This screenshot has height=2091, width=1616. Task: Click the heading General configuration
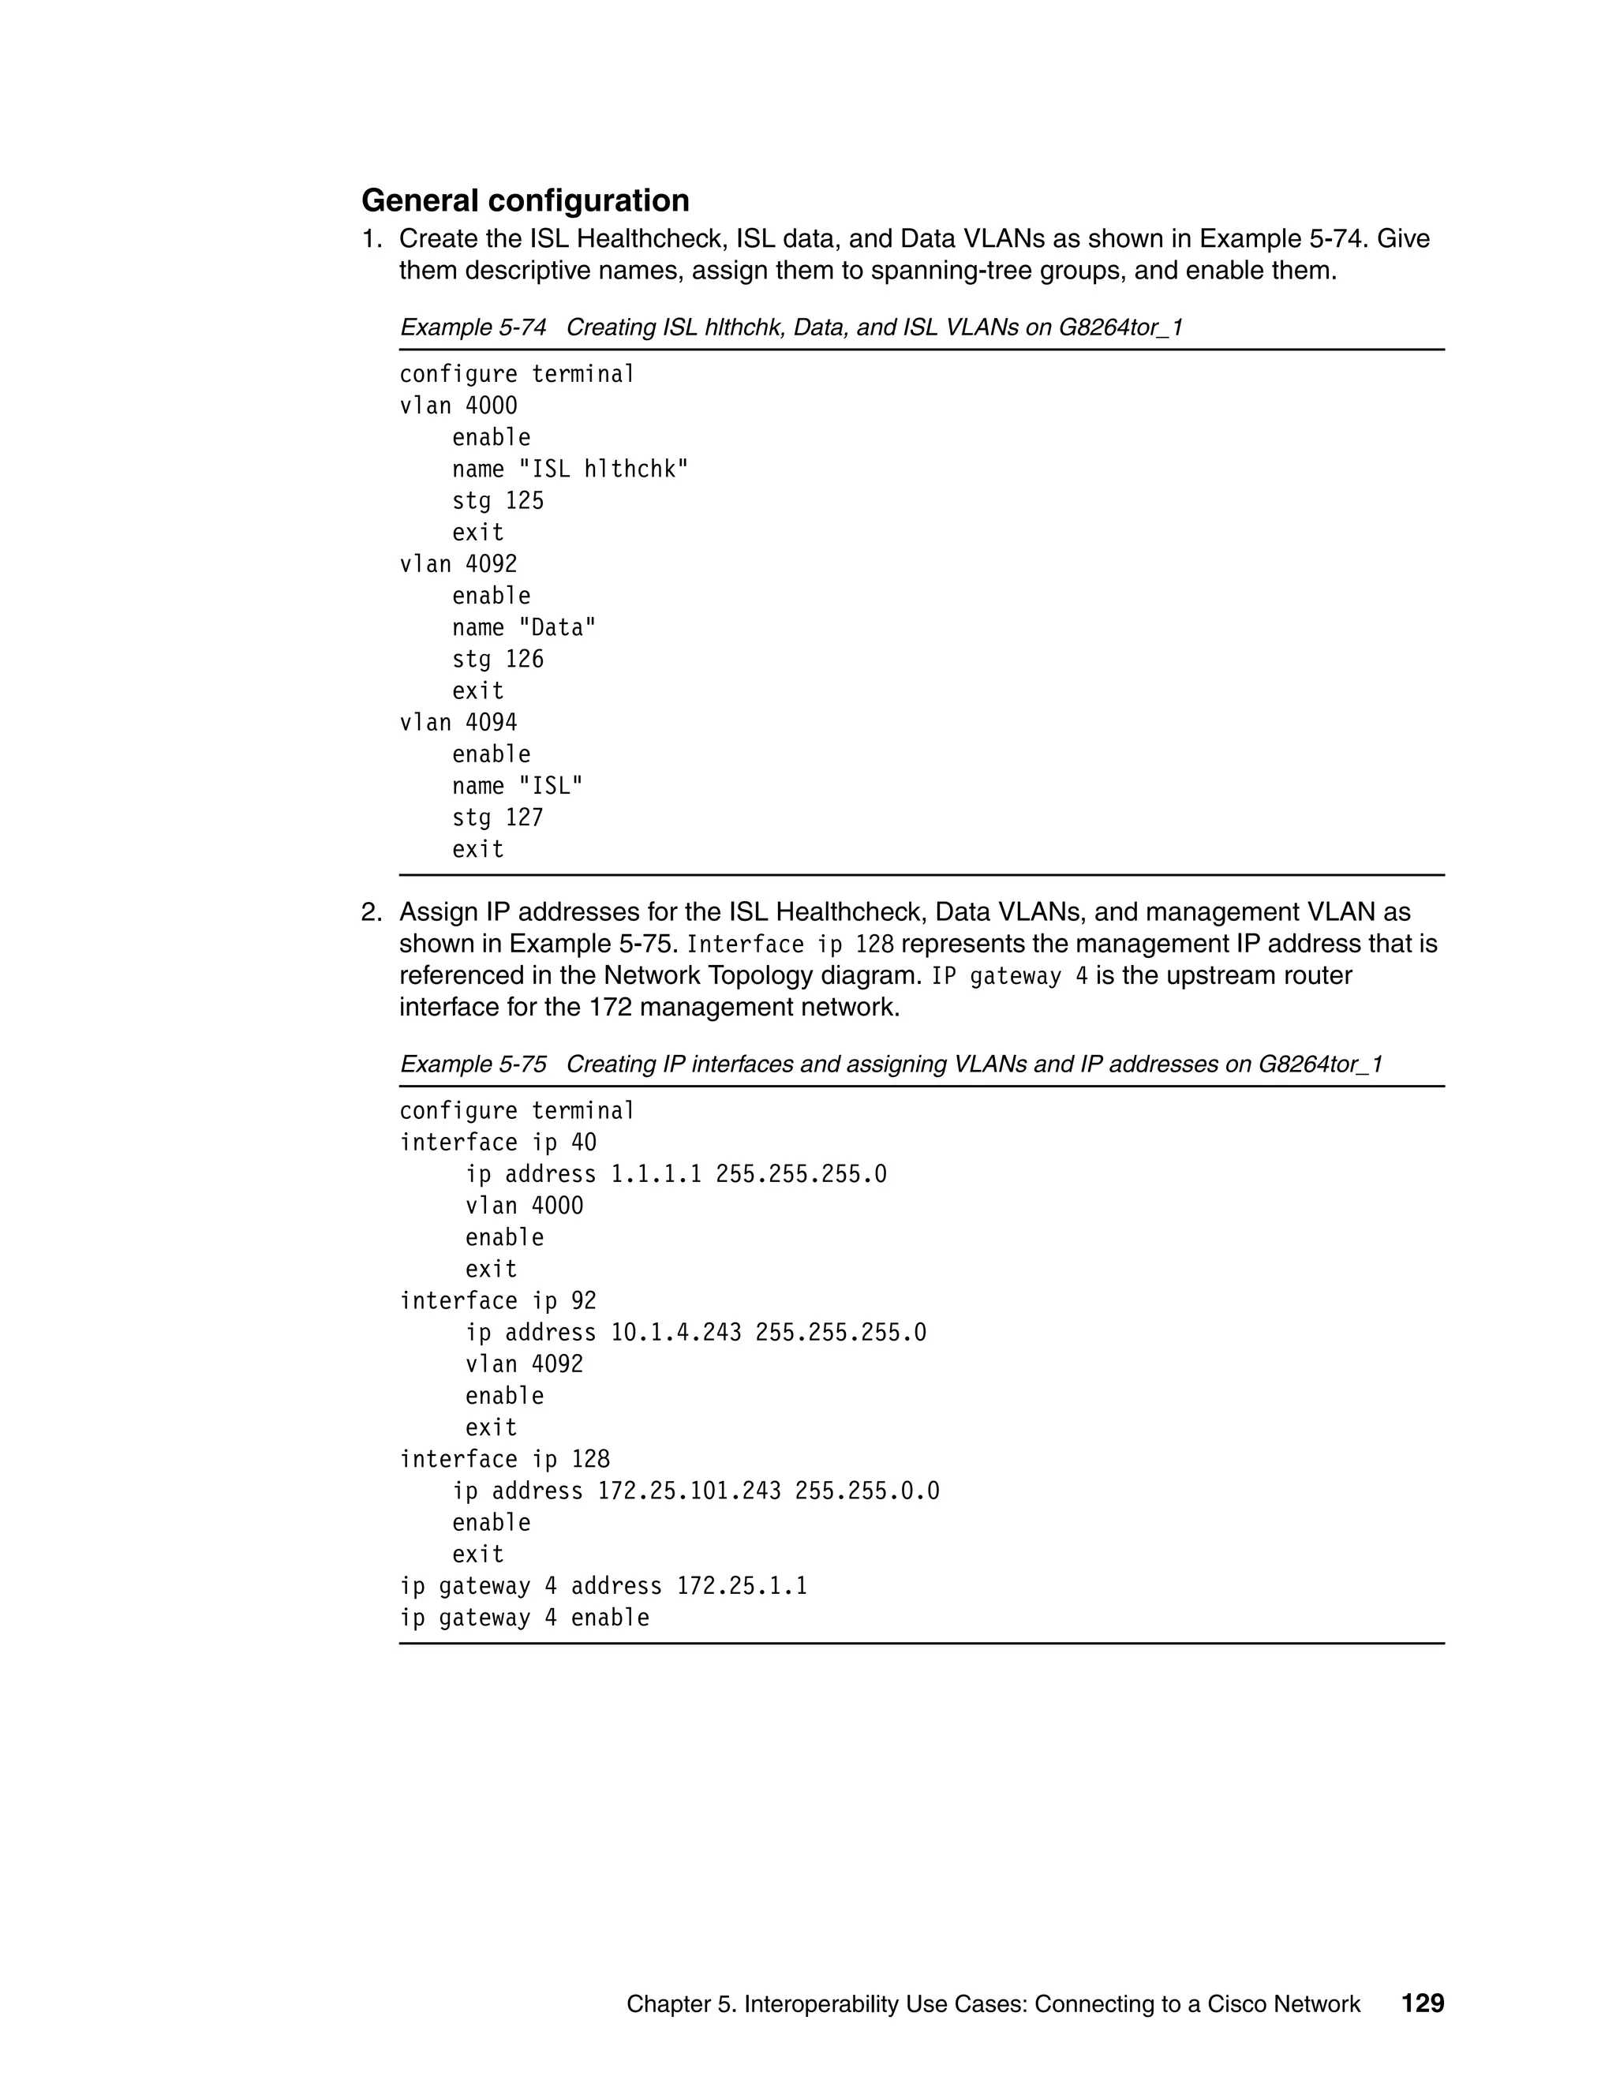click(x=525, y=200)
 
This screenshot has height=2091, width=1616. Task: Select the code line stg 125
click(x=497, y=501)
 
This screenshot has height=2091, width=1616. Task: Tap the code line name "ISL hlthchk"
click(x=570, y=469)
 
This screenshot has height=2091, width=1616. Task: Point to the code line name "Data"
click(x=524, y=628)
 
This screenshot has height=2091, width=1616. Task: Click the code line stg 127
click(x=497, y=817)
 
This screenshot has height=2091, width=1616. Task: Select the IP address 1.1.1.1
click(x=656, y=1174)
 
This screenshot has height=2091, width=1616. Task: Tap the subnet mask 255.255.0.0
click(x=866, y=1491)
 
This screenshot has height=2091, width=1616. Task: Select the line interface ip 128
click(x=503, y=1459)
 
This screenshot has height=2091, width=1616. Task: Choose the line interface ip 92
click(x=497, y=1301)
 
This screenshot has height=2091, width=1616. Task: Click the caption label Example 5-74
click(x=473, y=327)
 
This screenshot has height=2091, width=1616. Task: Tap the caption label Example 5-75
click(x=473, y=1064)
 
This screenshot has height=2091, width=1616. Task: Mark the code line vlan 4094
click(x=458, y=723)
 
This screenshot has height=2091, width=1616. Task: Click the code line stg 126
click(x=497, y=660)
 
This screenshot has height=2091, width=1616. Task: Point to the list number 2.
click(x=371, y=912)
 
